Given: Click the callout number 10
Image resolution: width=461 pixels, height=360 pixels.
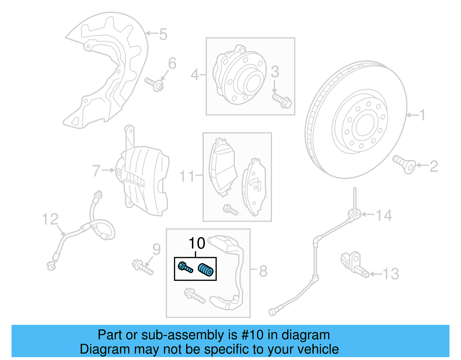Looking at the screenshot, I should point(197,243).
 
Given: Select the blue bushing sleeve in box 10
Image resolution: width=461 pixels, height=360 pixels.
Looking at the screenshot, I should point(206,270).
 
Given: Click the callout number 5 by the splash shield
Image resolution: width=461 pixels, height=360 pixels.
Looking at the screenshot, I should point(163,34).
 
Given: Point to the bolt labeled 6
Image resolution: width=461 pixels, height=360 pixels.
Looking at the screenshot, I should point(154,84).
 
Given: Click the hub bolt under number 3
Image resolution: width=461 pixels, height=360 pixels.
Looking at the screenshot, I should point(282,100).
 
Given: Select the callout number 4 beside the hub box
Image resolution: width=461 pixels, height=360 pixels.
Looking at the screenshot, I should point(195,75).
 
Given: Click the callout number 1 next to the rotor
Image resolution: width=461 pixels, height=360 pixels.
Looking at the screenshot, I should point(422,115).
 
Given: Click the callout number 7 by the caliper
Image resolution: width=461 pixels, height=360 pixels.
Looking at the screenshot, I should point(96,171).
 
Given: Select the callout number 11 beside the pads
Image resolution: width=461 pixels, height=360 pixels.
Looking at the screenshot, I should point(187,176).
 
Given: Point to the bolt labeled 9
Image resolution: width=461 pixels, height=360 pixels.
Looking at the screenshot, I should point(142,267).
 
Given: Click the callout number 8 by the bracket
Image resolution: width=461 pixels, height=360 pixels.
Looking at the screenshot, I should point(263,271).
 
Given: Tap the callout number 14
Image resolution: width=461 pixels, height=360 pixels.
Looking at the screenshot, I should point(384,215).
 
